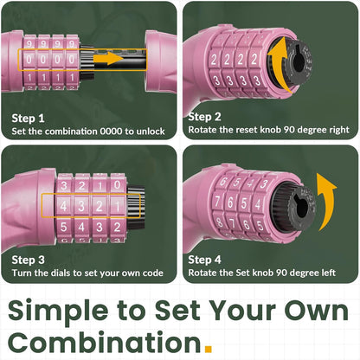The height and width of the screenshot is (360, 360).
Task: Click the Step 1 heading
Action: (28, 119)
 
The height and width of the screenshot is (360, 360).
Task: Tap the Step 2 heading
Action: (204, 117)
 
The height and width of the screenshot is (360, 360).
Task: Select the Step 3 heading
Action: (29, 260)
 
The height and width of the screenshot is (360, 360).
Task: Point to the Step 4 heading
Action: (204, 260)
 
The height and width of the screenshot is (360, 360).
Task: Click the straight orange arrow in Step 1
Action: (108, 59)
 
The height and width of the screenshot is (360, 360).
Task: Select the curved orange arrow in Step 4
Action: (327, 202)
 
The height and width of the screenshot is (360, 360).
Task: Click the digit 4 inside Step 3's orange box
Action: (63, 206)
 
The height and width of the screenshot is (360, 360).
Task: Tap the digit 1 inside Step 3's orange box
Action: (117, 206)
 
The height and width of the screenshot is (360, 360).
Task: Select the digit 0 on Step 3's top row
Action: (117, 185)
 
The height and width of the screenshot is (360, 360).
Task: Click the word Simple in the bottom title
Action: (58, 311)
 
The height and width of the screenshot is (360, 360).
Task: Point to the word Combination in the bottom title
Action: (105, 342)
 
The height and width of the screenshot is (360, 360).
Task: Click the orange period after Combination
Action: (209, 349)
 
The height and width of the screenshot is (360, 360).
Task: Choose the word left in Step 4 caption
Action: (328, 273)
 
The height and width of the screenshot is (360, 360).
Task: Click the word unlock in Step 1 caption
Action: (151, 132)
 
